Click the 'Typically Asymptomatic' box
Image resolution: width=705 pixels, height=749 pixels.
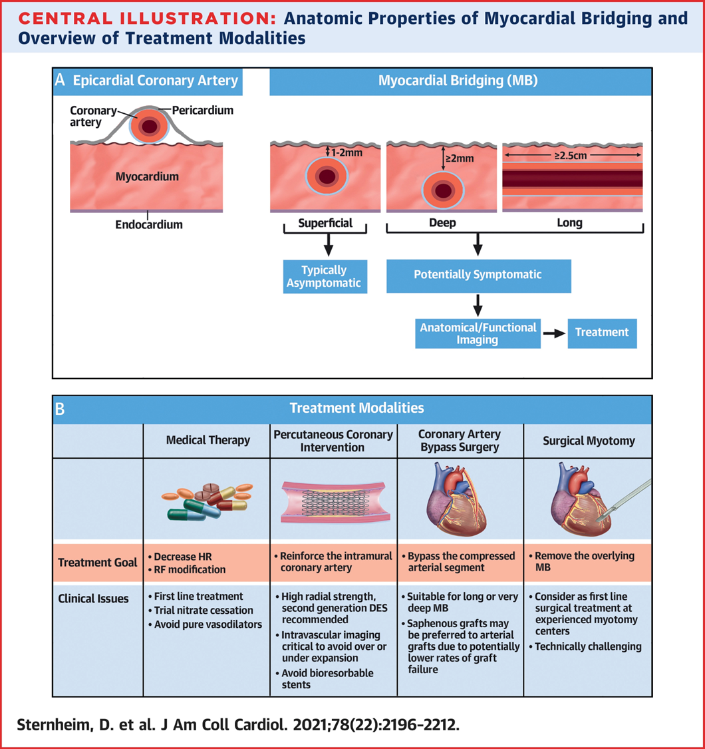325,276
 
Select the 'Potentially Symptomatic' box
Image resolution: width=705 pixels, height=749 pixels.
478,276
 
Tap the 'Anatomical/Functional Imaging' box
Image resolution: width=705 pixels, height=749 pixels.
478,334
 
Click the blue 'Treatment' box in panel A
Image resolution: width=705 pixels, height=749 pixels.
602,333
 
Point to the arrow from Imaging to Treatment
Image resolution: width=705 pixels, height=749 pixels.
554,334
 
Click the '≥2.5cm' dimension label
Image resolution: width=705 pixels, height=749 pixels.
571,155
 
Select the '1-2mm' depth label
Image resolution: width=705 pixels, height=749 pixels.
347,153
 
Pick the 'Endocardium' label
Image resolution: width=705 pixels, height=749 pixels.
149,224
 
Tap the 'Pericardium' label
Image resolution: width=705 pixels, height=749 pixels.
203,111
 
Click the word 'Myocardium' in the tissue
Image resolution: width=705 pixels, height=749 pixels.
147,176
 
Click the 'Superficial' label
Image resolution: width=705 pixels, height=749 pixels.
325,223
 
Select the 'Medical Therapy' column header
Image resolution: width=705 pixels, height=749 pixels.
208,440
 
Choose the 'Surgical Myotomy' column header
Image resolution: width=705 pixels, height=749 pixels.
589,441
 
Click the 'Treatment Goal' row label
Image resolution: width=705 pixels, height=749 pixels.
97,562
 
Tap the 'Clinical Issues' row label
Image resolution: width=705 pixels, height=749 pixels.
93,599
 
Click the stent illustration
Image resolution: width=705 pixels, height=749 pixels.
336,501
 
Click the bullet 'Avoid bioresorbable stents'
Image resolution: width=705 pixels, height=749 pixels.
325,679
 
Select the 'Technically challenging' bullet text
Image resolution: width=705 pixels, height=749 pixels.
585,646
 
